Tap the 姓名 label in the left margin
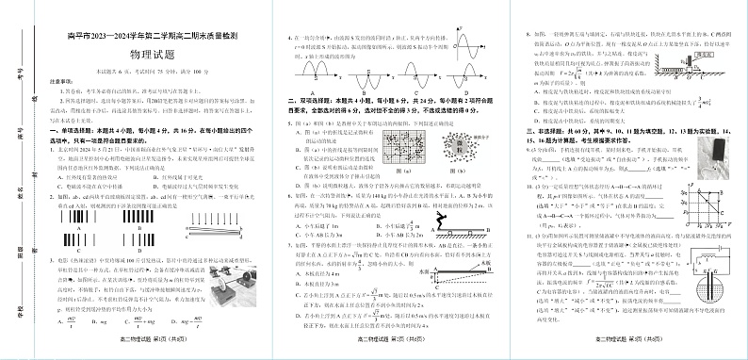coord(20,198)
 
